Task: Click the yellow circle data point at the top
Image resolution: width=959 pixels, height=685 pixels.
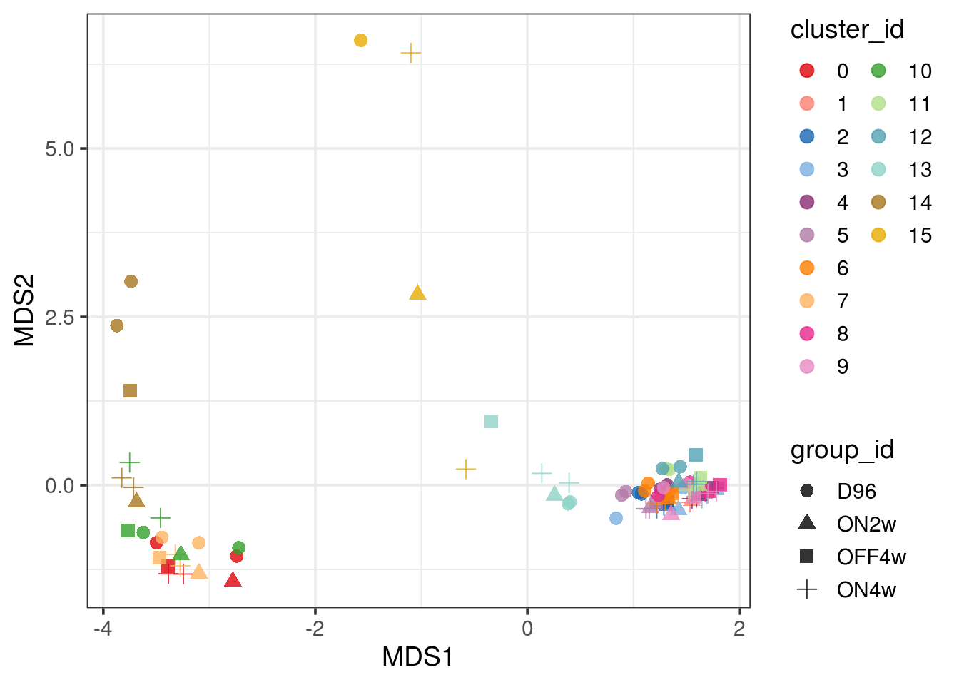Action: coord(361,41)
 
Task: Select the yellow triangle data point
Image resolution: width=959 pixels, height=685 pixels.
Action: coord(418,293)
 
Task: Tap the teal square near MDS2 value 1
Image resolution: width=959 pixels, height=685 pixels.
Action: coord(491,422)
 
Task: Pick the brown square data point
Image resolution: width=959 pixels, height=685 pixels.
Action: coord(130,391)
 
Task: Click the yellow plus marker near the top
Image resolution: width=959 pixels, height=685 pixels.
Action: coord(410,53)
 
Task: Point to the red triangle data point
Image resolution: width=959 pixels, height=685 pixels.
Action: coord(233,580)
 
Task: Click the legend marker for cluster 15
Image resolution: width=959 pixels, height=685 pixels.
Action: coord(878,235)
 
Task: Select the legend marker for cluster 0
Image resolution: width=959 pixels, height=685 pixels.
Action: coord(807,71)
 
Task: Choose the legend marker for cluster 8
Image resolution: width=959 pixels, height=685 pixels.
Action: coord(807,334)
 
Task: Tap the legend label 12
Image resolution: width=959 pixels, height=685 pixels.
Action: coord(920,137)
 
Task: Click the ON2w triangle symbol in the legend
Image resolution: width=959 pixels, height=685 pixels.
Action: coord(807,523)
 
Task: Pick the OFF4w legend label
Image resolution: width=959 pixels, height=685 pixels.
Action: coord(871,557)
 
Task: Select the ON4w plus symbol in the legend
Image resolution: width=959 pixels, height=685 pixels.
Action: coord(807,590)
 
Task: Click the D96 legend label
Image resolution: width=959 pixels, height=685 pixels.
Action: coord(856,492)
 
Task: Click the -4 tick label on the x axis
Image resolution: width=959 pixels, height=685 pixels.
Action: coord(103,629)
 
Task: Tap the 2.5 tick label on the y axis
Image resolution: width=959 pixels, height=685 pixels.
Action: coord(60,318)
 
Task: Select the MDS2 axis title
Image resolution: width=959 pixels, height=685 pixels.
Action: coord(24,310)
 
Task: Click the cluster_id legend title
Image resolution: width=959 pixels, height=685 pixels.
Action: coord(847,30)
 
